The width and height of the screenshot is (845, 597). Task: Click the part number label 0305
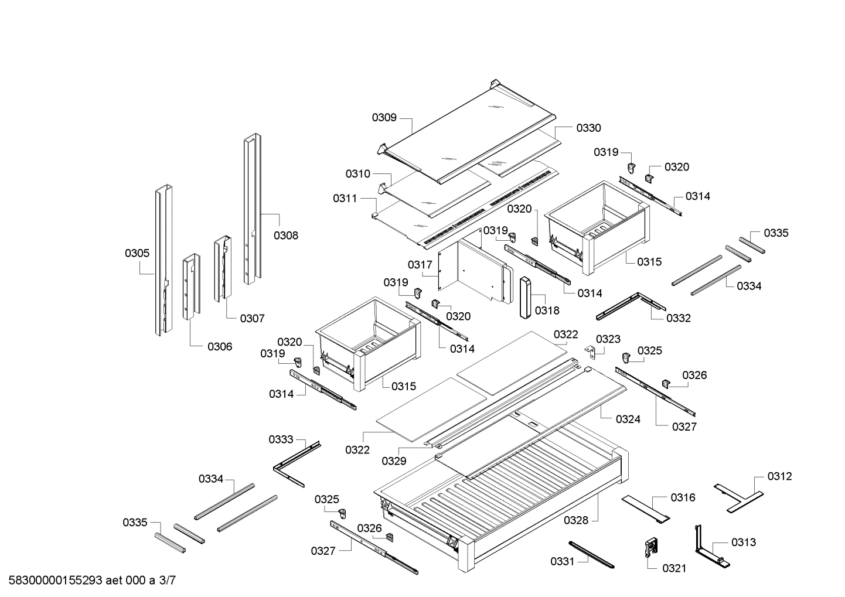pos(137,253)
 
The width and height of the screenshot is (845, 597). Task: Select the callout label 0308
pos(285,236)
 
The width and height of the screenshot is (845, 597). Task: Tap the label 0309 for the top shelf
pos(384,118)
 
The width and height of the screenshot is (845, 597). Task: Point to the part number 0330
pos(588,128)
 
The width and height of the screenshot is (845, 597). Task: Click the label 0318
pos(547,311)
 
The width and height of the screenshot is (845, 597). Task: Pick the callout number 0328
pos(576,520)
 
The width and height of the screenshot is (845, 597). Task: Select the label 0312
pos(779,476)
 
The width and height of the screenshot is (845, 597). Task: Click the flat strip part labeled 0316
pos(645,507)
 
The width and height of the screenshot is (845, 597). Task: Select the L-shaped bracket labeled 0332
pos(631,306)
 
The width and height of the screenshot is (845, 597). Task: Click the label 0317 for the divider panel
pos(420,265)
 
